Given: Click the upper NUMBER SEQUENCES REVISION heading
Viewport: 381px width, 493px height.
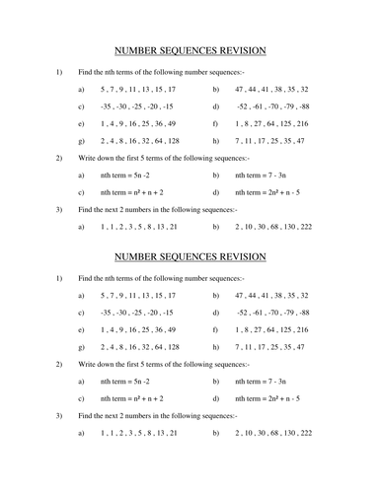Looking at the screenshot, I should click(190, 50).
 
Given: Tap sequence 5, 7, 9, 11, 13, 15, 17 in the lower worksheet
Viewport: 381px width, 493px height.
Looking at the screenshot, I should click(138, 295).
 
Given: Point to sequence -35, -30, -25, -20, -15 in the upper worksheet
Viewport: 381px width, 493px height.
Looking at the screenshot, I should click(136, 106).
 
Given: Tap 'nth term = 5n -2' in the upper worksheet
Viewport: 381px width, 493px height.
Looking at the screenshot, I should click(128, 175).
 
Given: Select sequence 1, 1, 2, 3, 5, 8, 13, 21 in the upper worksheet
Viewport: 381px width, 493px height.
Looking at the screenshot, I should click(139, 227).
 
